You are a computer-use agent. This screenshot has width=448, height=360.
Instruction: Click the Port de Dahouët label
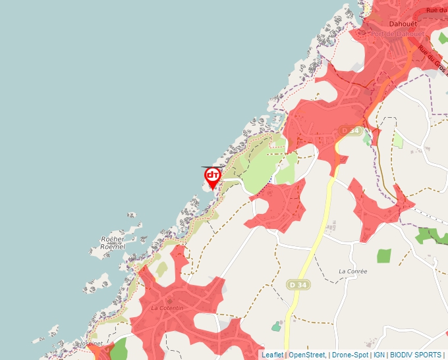[x=397, y=34]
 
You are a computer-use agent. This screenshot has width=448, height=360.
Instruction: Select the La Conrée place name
[x=352, y=271]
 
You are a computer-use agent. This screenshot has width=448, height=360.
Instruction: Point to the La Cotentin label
[x=167, y=307]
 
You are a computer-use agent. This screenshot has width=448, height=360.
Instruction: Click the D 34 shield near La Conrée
[x=297, y=284]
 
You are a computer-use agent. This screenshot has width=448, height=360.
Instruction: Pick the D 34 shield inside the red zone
[x=351, y=131]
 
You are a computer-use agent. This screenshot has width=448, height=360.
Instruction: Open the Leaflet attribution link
[x=272, y=355]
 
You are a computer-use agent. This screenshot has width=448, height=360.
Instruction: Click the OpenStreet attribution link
[x=307, y=355]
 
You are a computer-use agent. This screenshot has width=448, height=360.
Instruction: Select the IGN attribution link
[x=379, y=355]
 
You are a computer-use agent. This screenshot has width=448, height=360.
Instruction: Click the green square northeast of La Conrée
[x=383, y=255]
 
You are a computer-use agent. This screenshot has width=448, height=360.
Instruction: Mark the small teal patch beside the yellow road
[x=276, y=326]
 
